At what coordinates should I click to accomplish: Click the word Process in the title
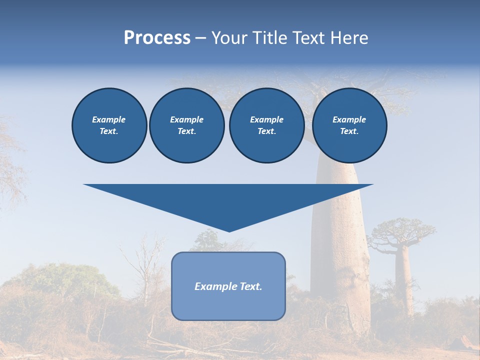click(157, 38)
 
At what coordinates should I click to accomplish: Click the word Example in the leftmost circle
click(109, 119)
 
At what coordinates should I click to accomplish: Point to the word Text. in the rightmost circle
click(349, 131)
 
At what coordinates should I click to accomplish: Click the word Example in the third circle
click(266, 119)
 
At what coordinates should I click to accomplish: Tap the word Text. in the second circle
click(186, 131)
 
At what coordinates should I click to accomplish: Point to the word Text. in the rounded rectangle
click(250, 286)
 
